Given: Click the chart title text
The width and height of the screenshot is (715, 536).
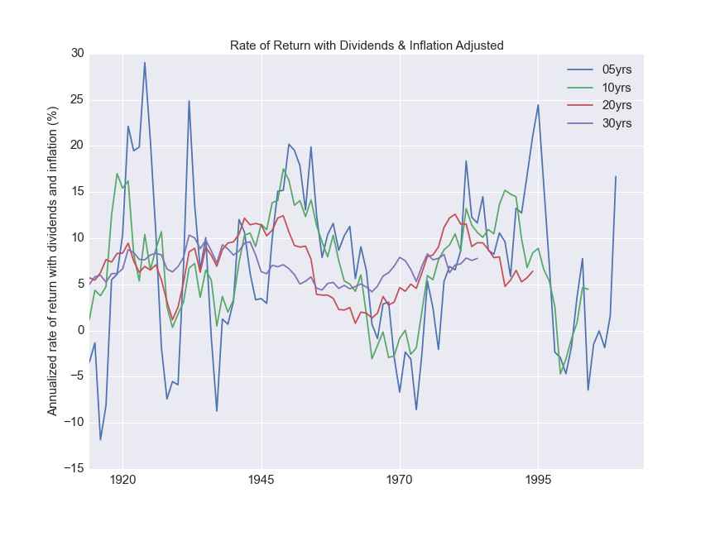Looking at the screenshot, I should point(367,45).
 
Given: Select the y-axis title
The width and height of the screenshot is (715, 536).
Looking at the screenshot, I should point(53,261).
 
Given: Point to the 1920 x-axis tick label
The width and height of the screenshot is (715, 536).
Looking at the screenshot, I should point(122,481).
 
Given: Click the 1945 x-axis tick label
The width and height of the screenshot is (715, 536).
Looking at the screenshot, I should point(262,481).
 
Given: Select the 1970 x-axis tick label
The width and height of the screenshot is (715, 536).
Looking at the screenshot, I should point(400,481).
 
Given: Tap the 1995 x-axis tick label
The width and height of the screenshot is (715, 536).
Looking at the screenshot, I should point(538,481).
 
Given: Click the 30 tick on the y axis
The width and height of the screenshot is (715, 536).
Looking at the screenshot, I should point(77,54).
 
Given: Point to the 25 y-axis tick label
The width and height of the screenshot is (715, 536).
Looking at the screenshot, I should point(77,100).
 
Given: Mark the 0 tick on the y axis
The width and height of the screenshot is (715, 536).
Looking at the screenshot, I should point(80,330).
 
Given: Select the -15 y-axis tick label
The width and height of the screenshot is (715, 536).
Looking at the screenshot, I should point(74,468).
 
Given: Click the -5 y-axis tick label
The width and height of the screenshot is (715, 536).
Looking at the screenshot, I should point(77,376).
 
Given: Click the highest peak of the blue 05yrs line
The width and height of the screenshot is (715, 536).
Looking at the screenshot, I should point(145,62).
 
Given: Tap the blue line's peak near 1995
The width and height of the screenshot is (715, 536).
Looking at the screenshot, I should point(538,105).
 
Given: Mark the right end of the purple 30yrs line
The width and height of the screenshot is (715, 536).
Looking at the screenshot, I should point(477,258).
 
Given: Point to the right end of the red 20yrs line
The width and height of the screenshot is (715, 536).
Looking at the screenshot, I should point(533,271).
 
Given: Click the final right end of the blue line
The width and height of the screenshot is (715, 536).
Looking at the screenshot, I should point(616,176).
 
